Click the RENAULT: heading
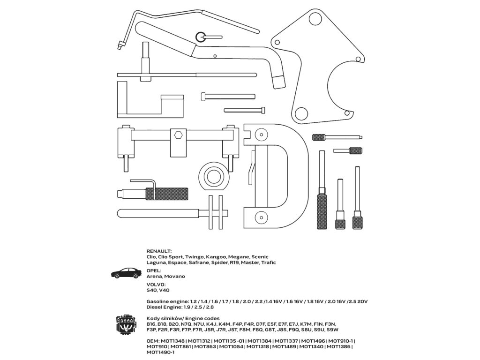click(x=159, y=251)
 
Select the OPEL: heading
click(x=154, y=270)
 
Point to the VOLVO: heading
click(x=157, y=285)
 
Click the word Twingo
click(x=195, y=257)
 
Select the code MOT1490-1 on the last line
click(x=160, y=352)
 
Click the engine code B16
click(x=151, y=324)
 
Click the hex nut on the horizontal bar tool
click(x=178, y=135)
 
